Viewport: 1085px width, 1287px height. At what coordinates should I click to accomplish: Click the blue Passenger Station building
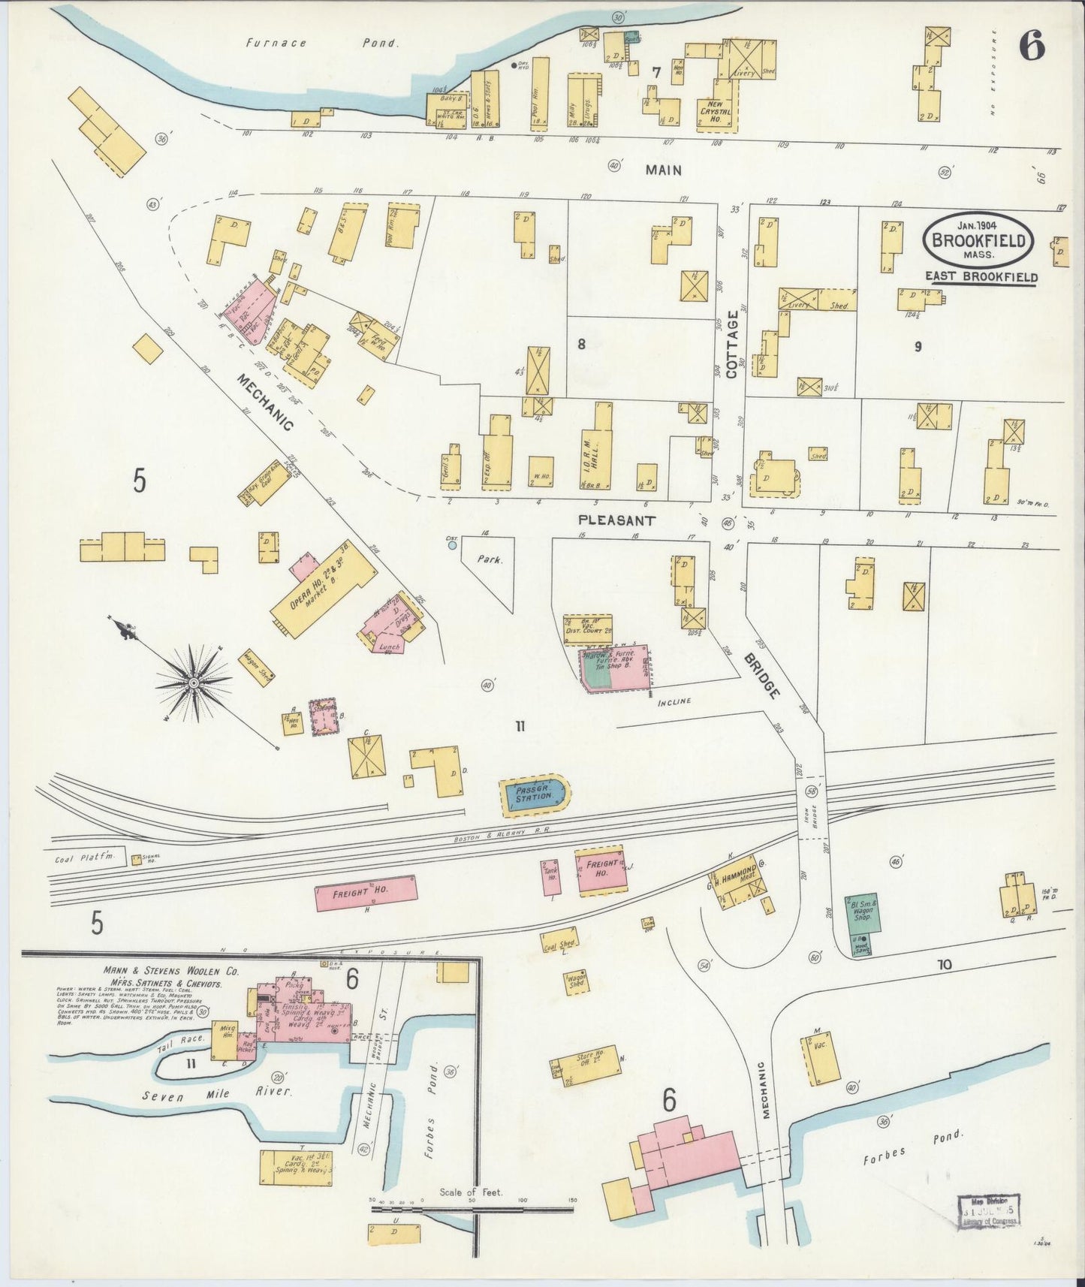click(535, 794)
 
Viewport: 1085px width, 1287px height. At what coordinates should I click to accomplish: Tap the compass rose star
click(193, 682)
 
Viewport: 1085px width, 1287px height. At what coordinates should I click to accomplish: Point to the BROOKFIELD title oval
click(978, 240)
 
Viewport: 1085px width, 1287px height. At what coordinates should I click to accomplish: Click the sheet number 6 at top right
click(1032, 47)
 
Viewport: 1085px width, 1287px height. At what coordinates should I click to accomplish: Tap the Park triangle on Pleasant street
click(488, 565)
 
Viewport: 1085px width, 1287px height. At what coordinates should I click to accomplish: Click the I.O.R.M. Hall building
click(601, 449)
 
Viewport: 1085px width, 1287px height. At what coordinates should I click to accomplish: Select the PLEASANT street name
click(616, 520)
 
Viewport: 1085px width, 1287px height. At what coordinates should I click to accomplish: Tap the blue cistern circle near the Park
click(452, 545)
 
